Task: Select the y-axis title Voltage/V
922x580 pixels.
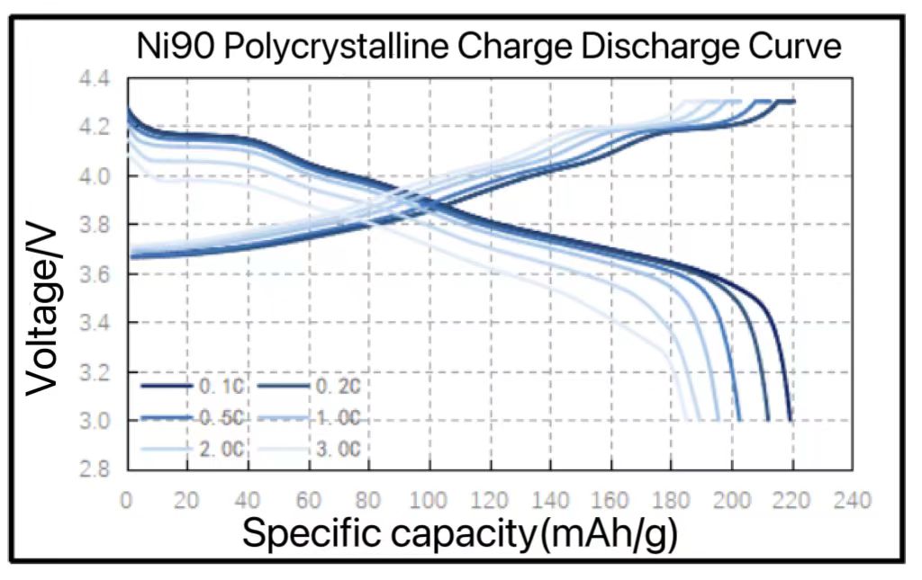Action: click(x=42, y=310)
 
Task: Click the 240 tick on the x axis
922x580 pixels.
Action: click(x=853, y=500)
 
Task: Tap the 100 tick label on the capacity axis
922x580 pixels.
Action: click(x=429, y=500)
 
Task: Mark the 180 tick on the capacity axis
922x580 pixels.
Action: click(x=671, y=500)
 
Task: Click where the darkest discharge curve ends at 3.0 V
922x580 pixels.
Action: click(x=791, y=419)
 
